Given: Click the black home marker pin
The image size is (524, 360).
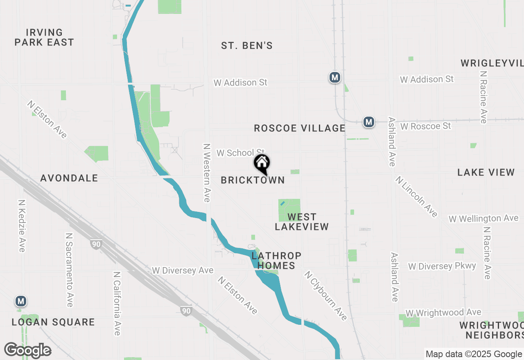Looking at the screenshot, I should point(262,164).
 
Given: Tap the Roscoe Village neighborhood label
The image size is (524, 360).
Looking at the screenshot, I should point(300,128).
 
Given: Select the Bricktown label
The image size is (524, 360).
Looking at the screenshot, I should point(253,180).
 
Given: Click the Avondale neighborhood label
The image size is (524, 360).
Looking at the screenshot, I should point(69,178).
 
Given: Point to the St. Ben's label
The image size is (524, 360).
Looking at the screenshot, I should point(247,46).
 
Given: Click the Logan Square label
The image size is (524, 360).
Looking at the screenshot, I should point(53,322).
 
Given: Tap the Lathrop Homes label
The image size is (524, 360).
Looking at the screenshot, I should point(276,261).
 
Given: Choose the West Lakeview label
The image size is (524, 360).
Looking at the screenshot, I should point(302,222).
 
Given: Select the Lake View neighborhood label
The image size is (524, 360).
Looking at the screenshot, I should point(486,172).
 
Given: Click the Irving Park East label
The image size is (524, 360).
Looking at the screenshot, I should point(44,37).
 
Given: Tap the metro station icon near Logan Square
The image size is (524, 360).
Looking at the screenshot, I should point(21,301).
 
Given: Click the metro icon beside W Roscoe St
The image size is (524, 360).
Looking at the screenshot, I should point(369,122).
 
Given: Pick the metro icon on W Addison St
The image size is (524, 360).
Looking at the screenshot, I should point(335,77).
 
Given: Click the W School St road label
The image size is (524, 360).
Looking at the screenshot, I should point(240,153).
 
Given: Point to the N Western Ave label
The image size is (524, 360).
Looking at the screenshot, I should point(207,172).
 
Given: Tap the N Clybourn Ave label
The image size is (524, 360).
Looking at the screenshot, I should point(325,295).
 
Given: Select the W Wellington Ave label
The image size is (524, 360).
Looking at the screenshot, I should point(483,219).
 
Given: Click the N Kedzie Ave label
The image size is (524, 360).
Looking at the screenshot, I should point(22,226).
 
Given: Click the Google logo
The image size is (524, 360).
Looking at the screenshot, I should point(27,350).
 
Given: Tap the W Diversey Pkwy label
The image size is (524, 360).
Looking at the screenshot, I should point(442,267).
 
